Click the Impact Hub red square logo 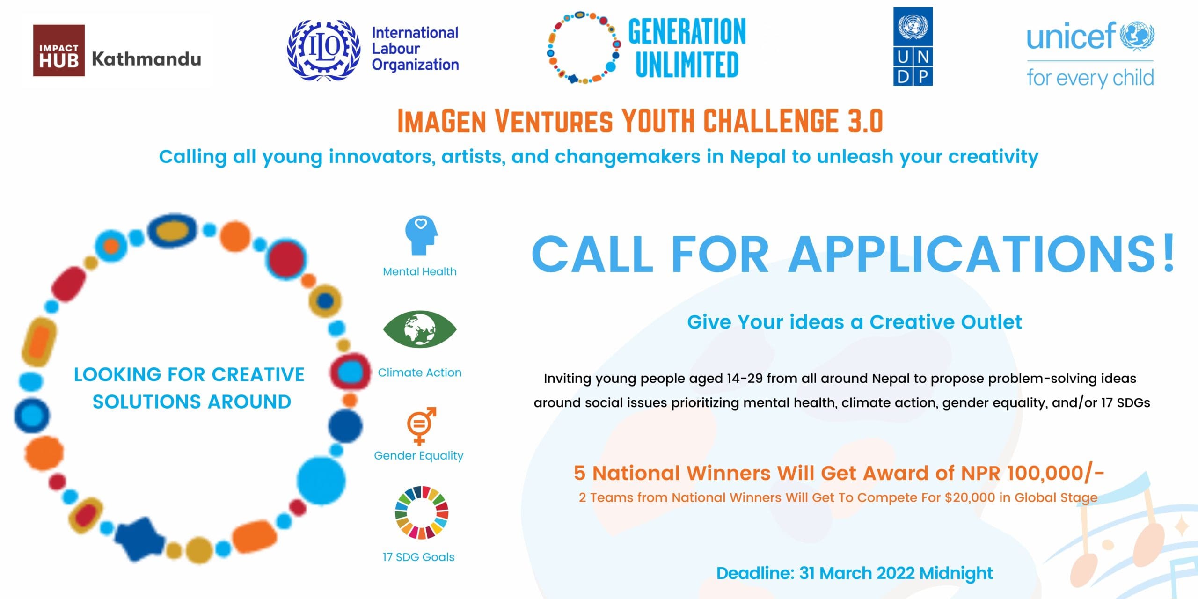click(59, 51)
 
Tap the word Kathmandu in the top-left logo click(146, 59)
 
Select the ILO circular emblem click(323, 50)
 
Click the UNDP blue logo click(913, 46)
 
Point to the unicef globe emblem click(1137, 36)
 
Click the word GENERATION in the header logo click(687, 32)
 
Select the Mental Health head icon click(421, 235)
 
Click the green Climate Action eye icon click(420, 329)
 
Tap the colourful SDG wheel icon click(422, 512)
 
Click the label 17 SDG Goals click(418, 557)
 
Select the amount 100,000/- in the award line click(1055, 473)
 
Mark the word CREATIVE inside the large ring click(258, 374)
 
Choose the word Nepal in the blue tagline click(758, 156)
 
